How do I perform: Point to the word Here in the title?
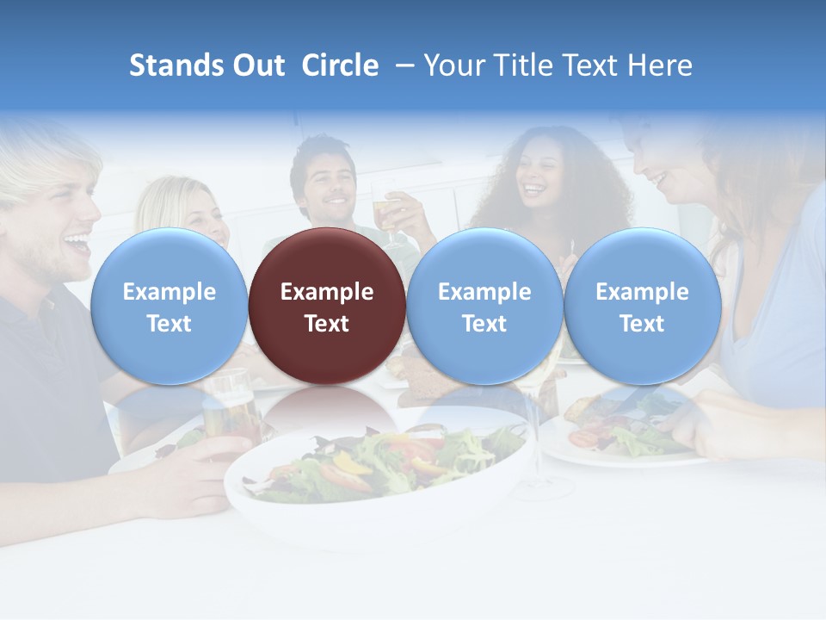tap(662, 65)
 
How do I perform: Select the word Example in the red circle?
tap(327, 292)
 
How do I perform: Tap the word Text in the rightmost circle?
tap(642, 324)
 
